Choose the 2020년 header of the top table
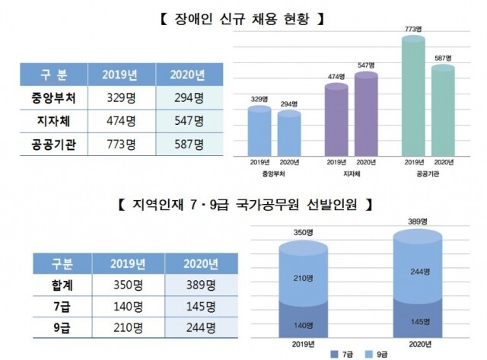(x=189, y=75)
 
